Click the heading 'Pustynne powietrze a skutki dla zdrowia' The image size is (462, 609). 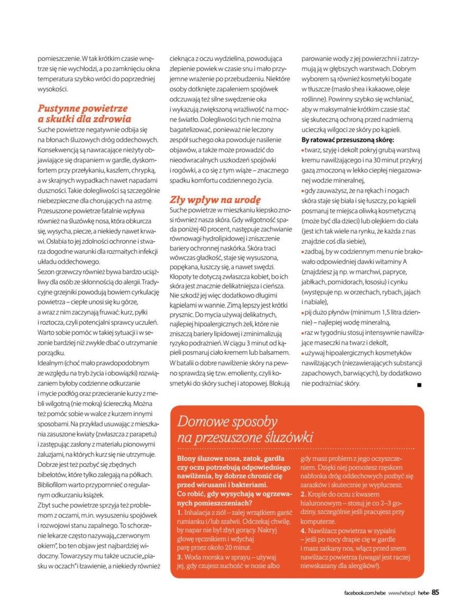(x=84, y=114)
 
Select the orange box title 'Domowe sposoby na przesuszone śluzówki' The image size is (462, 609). (x=245, y=429)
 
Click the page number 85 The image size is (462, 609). (x=435, y=592)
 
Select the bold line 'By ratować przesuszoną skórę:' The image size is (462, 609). (x=347, y=140)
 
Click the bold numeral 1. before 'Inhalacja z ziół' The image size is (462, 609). (x=180, y=513)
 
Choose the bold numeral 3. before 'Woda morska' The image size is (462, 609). (x=180, y=557)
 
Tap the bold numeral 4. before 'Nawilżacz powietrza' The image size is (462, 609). (x=303, y=530)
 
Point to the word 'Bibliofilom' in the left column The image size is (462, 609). (x=56, y=484)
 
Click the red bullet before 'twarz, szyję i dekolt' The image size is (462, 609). (x=302, y=150)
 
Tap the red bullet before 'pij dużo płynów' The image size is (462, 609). (x=302, y=313)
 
